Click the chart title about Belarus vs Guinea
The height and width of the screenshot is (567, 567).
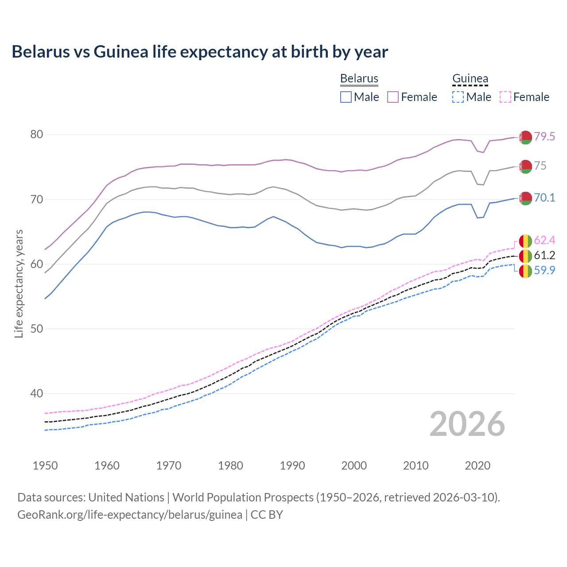pos(200,52)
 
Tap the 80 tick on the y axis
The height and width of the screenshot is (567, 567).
pos(36,134)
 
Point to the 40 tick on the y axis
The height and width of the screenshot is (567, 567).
pos(36,393)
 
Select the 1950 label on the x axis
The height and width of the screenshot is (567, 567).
pos(45,466)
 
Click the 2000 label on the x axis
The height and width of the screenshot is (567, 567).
pos(354,466)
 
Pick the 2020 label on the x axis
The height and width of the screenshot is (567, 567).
pos(478,466)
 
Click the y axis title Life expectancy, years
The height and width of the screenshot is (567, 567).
pos(19,283)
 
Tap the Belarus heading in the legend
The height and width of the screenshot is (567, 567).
pos(359,78)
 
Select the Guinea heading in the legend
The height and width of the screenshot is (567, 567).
pos(470,78)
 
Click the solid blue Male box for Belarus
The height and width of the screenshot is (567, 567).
pos(346,97)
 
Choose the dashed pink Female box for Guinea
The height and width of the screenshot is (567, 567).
pos(505,97)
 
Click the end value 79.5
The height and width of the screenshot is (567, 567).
pos(544,136)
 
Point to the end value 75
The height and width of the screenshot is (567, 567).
pos(540,166)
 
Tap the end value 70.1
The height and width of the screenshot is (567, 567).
pos(544,198)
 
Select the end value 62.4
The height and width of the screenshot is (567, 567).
pos(544,240)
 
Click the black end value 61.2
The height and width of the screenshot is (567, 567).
pos(544,255)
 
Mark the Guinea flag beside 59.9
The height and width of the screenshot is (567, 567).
pos(525,271)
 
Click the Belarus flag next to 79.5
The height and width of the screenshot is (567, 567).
pos(525,137)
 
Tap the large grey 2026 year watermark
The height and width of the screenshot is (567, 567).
pos(467,424)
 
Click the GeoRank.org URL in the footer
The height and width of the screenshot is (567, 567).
pos(130,515)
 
